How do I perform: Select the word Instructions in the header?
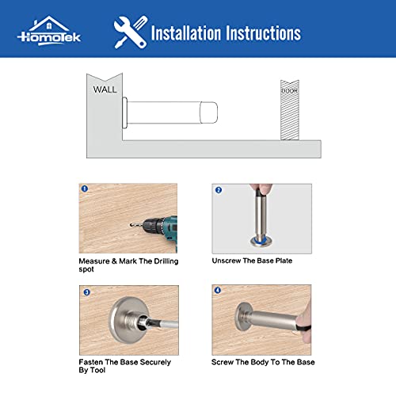click(262, 33)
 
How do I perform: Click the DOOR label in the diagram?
click(289, 91)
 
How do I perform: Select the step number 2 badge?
click(218, 190)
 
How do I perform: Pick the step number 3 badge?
click(85, 291)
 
